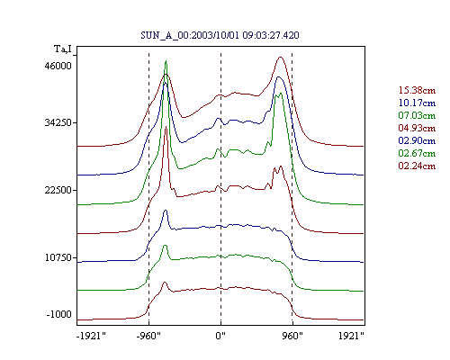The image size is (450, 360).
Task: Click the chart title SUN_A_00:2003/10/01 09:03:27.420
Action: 220,35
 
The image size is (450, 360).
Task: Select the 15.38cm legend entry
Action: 417,90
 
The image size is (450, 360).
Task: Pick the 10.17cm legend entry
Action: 417,103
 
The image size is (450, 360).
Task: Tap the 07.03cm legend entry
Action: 417,115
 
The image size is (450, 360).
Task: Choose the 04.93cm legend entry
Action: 417,128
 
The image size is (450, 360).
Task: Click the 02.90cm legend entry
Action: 417,140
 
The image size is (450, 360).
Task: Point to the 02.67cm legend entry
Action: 417,153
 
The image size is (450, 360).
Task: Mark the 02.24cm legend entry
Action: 417,166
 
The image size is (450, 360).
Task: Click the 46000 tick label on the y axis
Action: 58,66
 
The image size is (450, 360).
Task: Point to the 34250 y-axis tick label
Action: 58,122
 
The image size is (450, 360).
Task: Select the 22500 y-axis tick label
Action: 58,190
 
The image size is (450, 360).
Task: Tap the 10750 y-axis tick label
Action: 58,257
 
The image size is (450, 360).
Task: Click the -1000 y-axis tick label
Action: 59,314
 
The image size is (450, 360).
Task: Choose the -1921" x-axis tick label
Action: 92,336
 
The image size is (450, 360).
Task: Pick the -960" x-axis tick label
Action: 148,336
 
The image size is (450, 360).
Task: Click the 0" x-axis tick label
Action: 220,336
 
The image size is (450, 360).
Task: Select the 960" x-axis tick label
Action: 292,336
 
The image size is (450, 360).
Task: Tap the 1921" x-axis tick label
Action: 351,336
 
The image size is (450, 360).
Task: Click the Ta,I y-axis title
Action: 63,49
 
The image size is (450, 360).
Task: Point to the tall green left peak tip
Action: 166,61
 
